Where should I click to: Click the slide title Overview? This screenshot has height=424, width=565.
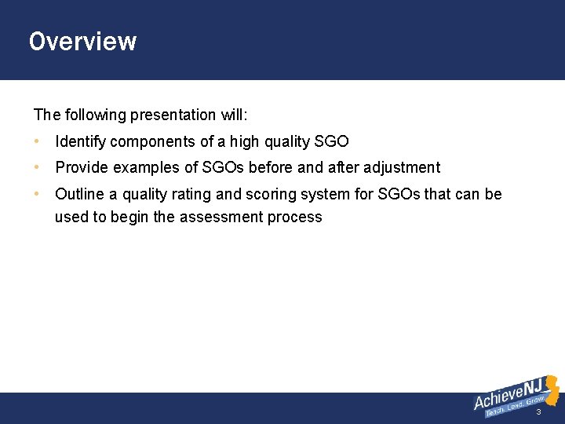(x=82, y=41)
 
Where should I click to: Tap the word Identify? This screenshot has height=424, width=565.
(x=81, y=142)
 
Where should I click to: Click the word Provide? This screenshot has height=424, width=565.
(x=82, y=167)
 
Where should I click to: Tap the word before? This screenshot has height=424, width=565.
(x=272, y=167)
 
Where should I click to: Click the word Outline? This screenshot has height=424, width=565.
(x=80, y=194)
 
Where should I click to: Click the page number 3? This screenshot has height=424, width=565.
(x=538, y=412)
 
